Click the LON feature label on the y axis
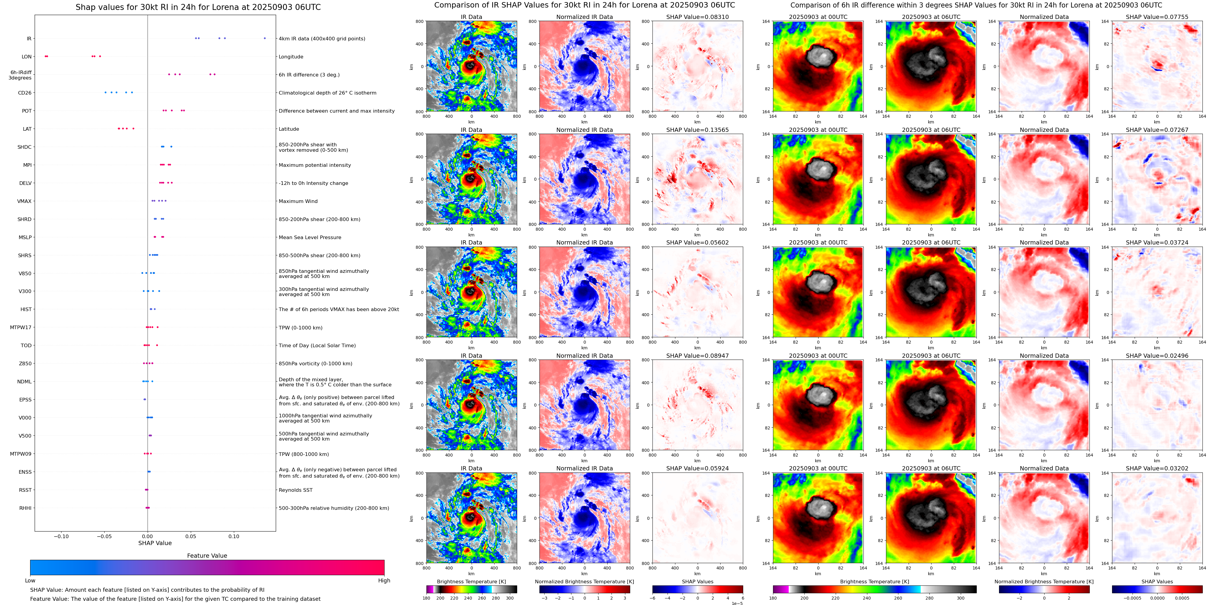[27, 57]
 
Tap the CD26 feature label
[25, 93]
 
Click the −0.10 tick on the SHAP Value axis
[61, 536]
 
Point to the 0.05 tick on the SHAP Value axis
[191, 536]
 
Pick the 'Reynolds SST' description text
[295, 490]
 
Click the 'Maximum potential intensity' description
[315, 165]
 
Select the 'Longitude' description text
[291, 57]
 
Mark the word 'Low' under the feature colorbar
[30, 581]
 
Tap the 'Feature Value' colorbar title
[207, 556]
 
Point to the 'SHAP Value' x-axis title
[155, 543]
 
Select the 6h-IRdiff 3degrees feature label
[21, 75]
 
